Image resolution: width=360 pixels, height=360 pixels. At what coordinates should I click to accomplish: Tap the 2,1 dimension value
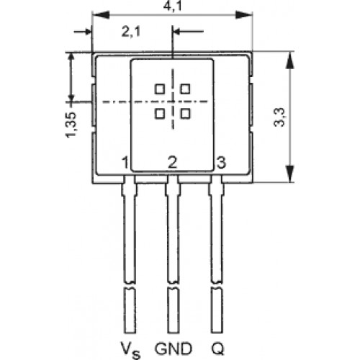(131, 32)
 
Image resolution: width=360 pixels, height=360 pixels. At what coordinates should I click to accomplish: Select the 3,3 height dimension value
(279, 117)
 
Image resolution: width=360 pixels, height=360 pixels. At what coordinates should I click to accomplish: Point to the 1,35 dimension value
(71, 125)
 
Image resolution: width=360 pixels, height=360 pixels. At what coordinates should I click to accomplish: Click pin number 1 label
(125, 163)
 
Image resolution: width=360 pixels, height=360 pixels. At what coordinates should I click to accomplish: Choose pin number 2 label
(172, 162)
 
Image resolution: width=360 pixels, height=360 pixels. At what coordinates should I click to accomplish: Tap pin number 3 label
(221, 162)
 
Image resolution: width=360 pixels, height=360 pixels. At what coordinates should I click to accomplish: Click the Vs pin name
(130, 350)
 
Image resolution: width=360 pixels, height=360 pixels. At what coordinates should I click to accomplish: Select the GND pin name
(174, 348)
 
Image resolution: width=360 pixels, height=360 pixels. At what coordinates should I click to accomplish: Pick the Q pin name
(217, 348)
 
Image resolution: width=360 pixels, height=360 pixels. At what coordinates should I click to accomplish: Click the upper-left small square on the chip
(160, 89)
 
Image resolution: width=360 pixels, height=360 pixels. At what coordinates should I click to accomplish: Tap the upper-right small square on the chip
(185, 89)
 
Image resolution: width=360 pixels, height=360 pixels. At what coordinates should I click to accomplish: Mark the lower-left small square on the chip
(160, 114)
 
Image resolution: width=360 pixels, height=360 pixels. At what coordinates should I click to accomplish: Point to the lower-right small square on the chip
(185, 114)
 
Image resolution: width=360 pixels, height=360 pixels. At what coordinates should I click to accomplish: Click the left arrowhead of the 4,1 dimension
(101, 15)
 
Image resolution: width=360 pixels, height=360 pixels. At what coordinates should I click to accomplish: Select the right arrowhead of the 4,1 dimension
(243, 15)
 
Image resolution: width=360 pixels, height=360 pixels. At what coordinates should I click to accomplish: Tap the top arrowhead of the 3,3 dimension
(290, 60)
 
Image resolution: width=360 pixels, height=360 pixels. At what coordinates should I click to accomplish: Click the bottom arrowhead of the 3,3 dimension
(290, 174)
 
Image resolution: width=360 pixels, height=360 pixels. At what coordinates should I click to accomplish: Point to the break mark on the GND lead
(173, 285)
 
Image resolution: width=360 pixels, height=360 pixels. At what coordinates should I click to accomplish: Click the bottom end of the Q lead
(217, 333)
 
